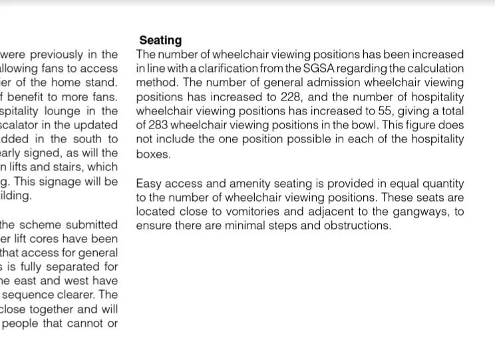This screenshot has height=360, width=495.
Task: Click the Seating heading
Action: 160,41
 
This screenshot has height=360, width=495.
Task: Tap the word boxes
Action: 153,154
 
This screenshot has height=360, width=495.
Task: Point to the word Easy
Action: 149,184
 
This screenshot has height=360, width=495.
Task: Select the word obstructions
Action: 358,226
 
